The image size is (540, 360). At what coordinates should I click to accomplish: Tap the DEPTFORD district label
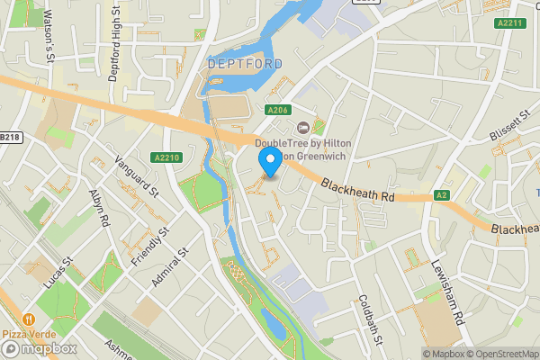[245, 65]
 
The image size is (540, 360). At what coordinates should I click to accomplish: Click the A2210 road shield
[167, 157]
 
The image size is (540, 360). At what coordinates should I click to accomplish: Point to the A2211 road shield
[509, 23]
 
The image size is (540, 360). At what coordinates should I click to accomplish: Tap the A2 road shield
[441, 194]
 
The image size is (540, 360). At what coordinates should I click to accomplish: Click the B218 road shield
[10, 137]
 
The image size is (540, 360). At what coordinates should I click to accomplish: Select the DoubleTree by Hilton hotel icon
[302, 127]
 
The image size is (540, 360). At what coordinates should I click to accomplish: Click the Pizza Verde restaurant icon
[30, 319]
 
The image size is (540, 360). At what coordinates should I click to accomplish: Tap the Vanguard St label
[137, 176]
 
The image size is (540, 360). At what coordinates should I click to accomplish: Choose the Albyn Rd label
[99, 208]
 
